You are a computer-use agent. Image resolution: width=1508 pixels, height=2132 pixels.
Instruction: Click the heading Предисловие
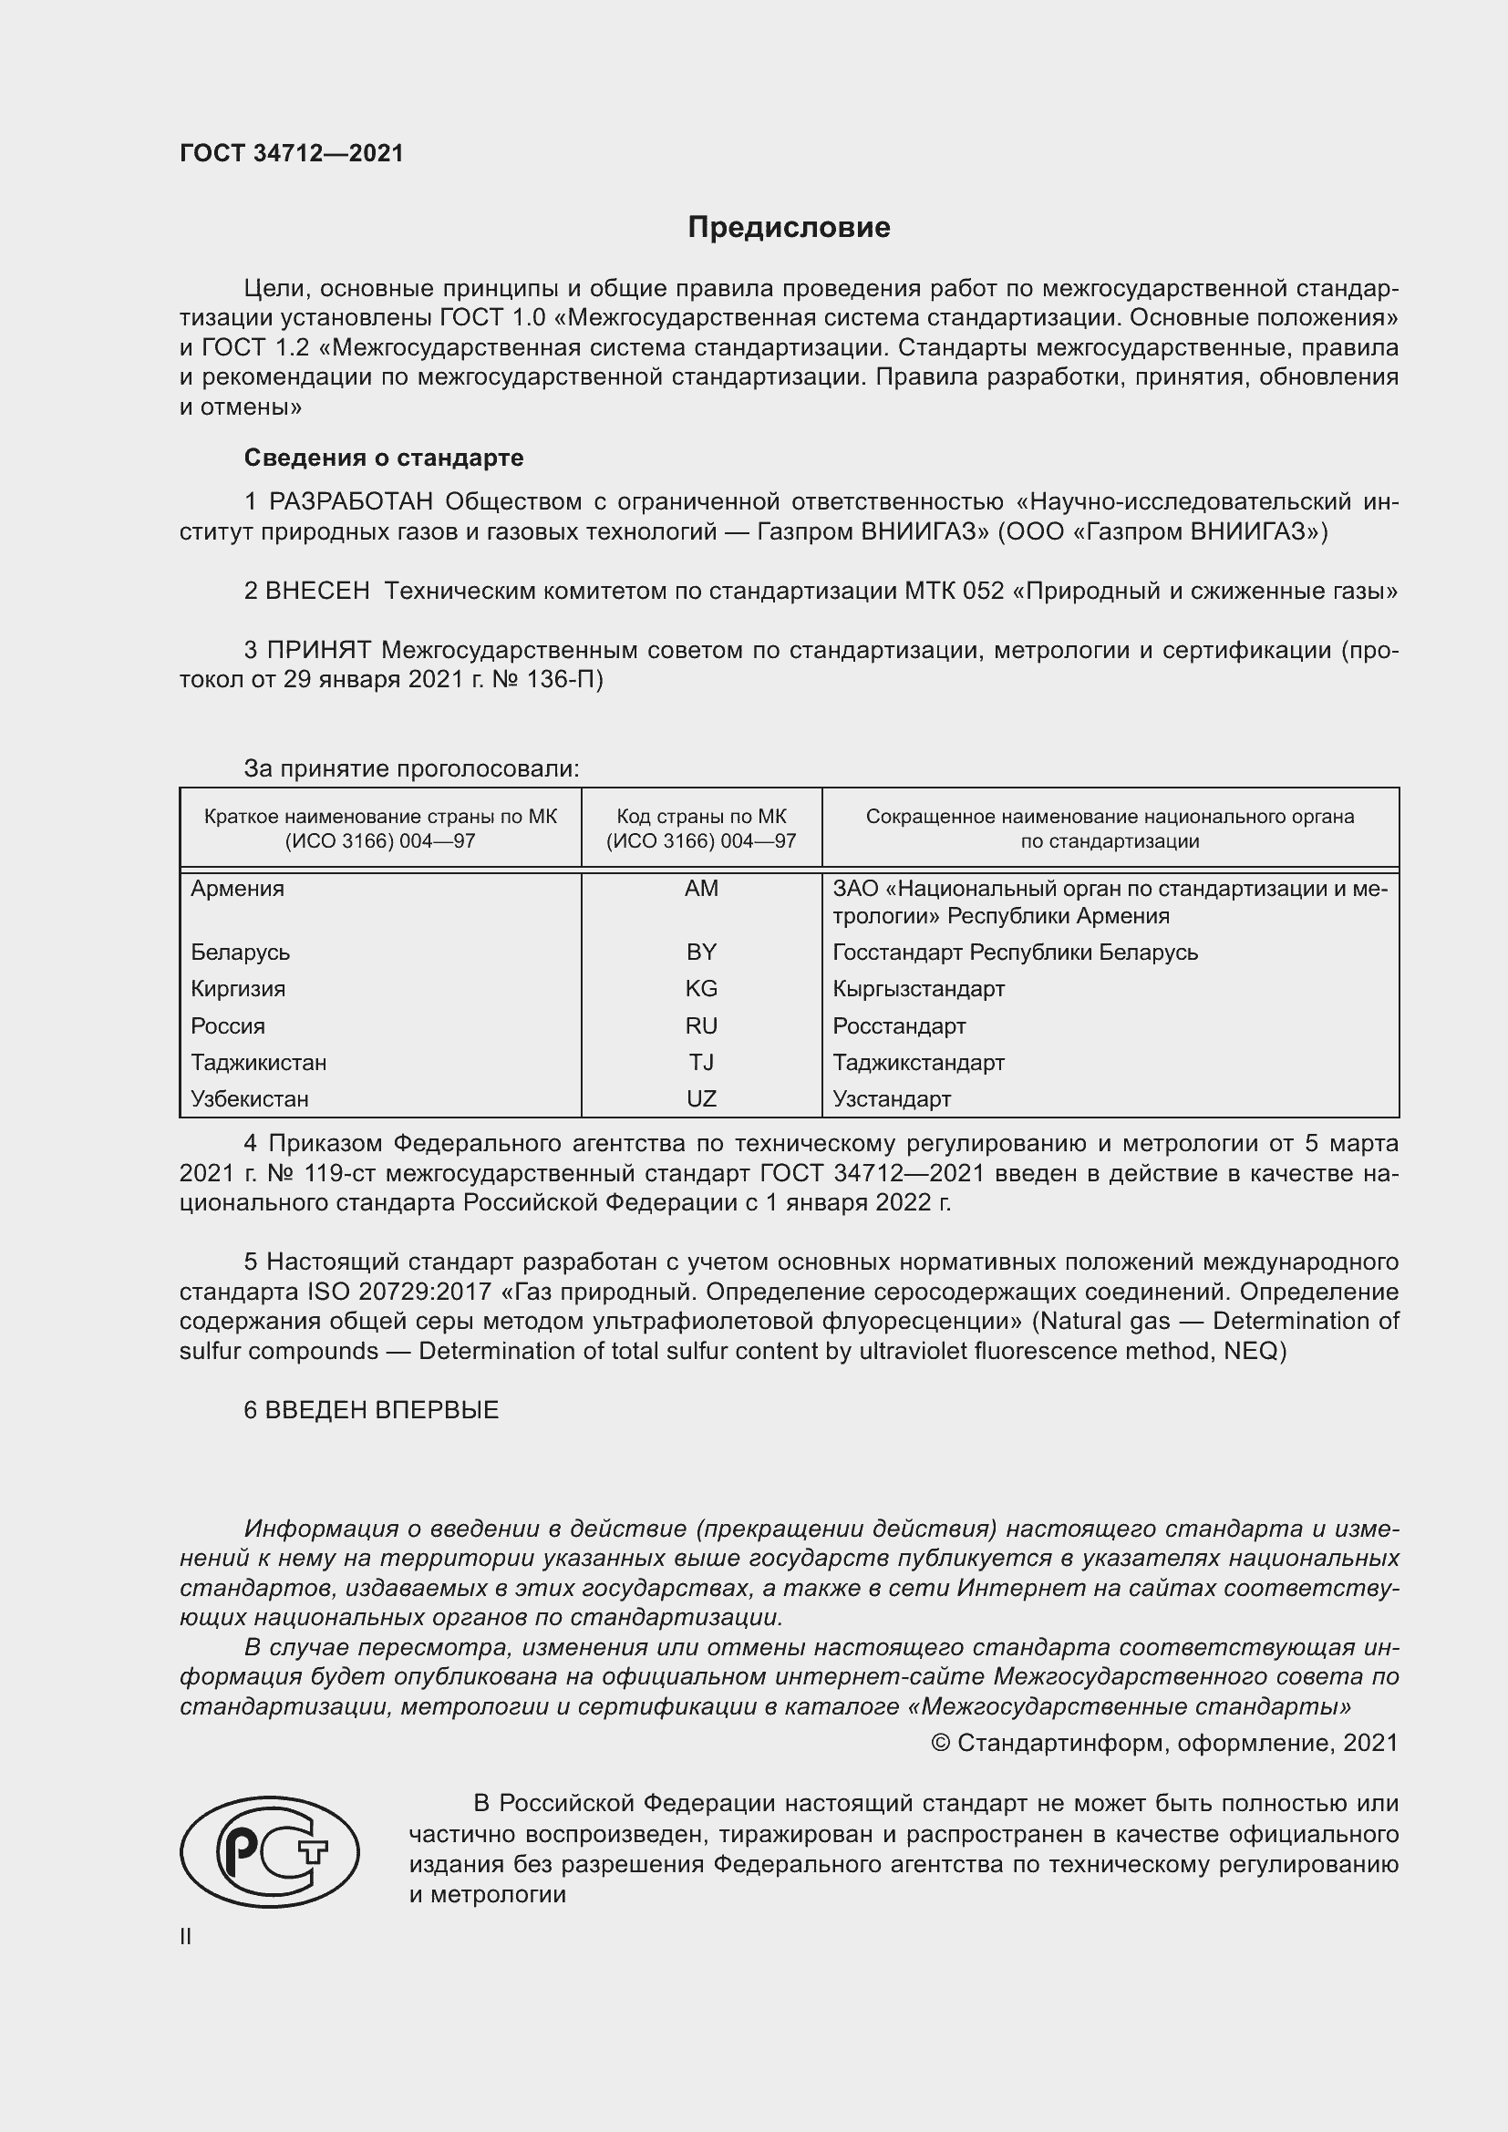coord(789,228)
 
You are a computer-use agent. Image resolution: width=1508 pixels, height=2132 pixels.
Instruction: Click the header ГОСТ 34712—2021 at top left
coord(292,153)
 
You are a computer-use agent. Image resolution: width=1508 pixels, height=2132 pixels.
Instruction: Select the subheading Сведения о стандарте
coord(384,458)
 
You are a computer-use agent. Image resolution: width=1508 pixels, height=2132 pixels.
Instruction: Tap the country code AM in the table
coord(701,889)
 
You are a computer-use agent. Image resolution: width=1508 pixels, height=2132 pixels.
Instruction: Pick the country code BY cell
coord(701,952)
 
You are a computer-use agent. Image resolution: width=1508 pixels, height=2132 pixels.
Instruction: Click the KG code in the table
coord(701,989)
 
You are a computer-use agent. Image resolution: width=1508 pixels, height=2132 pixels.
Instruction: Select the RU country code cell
coord(701,1026)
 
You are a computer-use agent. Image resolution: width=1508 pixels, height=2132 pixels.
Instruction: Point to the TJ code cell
coord(701,1062)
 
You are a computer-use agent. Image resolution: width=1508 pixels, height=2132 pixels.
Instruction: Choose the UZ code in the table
coord(701,1099)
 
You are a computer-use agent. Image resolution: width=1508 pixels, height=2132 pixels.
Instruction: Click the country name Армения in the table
coord(238,889)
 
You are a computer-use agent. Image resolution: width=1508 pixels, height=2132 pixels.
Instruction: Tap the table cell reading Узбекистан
coord(250,1099)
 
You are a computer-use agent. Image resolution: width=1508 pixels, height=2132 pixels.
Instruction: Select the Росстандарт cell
coord(899,1026)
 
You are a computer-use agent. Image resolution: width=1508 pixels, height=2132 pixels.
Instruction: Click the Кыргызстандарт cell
coord(918,989)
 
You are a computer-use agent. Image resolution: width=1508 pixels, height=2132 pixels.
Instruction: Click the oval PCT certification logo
coord(269,1852)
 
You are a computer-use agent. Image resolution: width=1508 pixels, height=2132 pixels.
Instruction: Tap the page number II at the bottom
coord(186,1937)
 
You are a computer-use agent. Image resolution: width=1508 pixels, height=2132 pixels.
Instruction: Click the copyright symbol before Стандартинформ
coord(940,1743)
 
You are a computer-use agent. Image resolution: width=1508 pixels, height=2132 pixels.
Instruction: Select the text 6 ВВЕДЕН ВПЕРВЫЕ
coord(371,1409)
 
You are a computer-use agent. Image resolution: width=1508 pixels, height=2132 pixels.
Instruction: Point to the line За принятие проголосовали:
coord(411,769)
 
